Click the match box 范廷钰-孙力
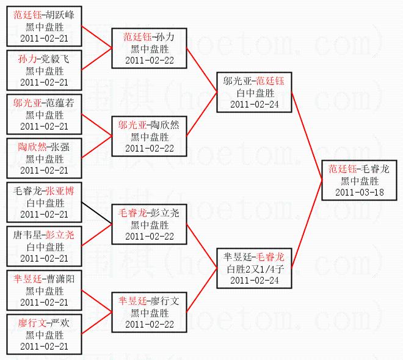tap(149, 48)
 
